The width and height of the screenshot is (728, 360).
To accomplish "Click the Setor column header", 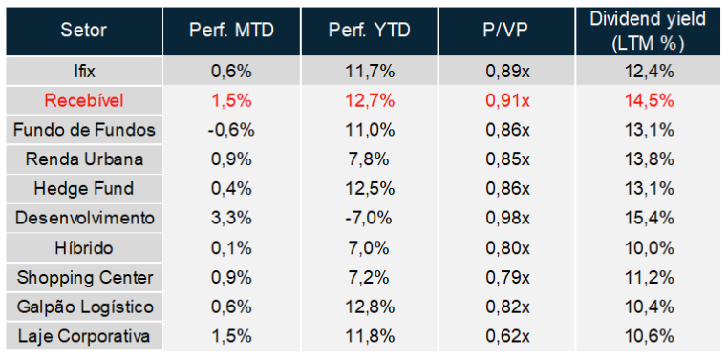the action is tap(83, 31).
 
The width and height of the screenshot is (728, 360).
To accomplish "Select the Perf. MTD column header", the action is tap(231, 31).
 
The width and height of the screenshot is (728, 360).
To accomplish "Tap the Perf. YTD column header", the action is tap(370, 31).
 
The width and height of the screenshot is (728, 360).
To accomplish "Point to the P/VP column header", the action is tap(507, 31).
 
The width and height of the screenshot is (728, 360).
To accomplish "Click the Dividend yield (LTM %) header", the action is tap(648, 31).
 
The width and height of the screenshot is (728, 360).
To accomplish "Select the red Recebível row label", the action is tap(84, 101).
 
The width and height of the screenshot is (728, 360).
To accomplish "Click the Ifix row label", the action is tap(84, 72).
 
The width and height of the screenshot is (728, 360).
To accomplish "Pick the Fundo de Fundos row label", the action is tap(84, 131).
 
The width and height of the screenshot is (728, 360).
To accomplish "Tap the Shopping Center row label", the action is tap(84, 278).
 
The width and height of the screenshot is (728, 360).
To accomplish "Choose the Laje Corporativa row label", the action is tap(84, 337).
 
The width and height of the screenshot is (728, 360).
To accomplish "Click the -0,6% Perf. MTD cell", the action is tap(231, 131).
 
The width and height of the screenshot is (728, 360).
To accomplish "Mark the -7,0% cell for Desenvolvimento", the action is tap(370, 219).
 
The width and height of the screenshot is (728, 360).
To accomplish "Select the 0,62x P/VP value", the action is tap(508, 337).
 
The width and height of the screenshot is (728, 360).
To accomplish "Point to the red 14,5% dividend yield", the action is tap(648, 101).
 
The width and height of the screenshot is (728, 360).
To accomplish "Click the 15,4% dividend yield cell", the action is tap(648, 219).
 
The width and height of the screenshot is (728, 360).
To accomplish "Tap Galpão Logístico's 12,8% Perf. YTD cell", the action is tap(370, 307).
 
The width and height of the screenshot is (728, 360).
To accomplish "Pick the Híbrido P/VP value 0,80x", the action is tap(508, 248).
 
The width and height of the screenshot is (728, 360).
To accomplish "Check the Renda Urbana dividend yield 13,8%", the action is tap(648, 160).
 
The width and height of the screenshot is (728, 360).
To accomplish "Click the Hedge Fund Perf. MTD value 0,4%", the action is tap(231, 189).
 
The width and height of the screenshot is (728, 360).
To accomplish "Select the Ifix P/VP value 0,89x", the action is tap(508, 72).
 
